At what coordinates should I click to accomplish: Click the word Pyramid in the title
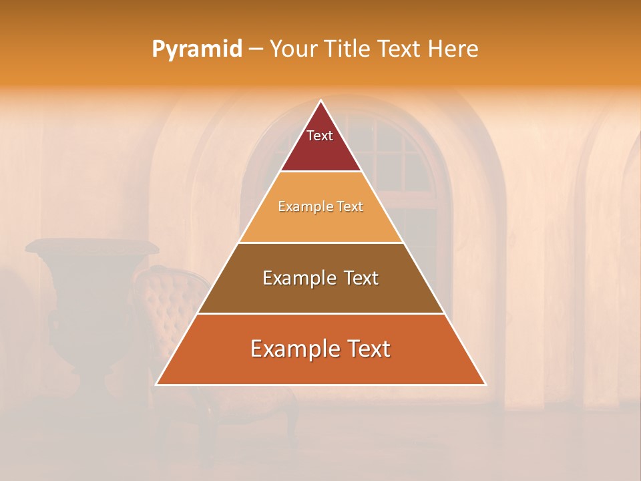click(196, 49)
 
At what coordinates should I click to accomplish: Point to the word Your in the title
click(292, 49)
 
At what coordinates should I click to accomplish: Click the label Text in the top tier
click(320, 136)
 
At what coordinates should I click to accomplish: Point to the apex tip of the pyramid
click(320, 102)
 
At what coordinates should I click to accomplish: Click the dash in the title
click(256, 49)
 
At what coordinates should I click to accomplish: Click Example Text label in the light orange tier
click(320, 206)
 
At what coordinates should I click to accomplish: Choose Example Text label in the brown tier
click(320, 278)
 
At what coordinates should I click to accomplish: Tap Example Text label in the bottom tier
click(320, 349)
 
